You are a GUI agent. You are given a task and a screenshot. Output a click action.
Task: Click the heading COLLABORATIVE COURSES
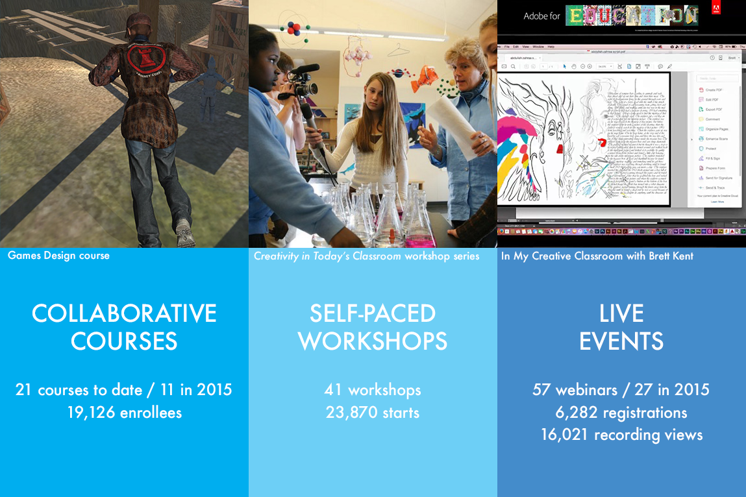coord(124,327)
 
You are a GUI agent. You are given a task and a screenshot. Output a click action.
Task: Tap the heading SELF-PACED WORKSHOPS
coord(373,327)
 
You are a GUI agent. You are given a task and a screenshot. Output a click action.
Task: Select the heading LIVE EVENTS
coord(621,327)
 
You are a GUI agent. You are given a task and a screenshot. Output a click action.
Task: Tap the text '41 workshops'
coord(373,390)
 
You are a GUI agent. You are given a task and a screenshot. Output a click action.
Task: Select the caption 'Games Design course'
coord(58,256)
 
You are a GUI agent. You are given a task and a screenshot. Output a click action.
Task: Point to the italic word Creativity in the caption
coord(280,256)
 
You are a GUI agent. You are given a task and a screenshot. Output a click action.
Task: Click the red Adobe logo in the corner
coord(715,10)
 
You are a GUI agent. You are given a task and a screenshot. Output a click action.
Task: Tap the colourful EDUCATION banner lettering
coord(631,16)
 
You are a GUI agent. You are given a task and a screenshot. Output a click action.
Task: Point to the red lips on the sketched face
coord(559,149)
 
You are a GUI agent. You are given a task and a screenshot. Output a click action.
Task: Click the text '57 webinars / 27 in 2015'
coord(621,390)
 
